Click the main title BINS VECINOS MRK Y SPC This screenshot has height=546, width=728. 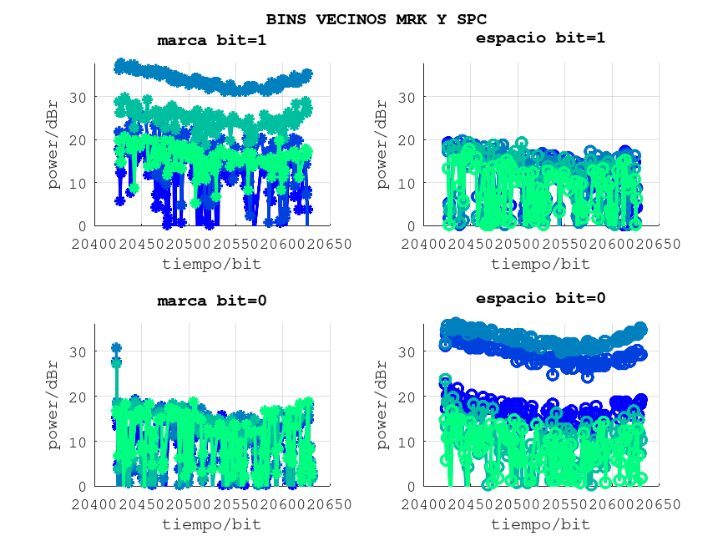point(376,18)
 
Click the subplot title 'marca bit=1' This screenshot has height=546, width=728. point(212,40)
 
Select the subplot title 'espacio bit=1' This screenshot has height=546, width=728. point(540,38)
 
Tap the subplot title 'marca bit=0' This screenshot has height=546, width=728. point(212,301)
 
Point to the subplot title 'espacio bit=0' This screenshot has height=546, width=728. point(540,298)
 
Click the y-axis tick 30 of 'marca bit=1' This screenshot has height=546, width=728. point(77,98)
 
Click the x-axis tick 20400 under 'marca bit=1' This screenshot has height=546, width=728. point(94,245)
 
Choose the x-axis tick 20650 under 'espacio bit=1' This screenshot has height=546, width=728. point(658,245)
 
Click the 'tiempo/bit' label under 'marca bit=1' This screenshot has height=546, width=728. point(211,264)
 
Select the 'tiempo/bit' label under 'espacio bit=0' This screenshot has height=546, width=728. point(540,524)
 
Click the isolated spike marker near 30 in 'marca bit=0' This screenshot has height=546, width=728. point(116,348)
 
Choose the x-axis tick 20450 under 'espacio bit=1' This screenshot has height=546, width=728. point(470,245)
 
